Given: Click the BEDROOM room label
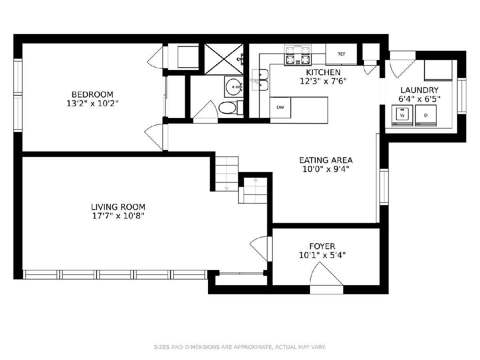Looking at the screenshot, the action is (x=92, y=94).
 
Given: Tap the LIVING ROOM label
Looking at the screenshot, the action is (x=118, y=207).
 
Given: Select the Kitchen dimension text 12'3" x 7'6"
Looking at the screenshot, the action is (x=323, y=81).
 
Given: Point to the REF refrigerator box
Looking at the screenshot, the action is (x=341, y=54).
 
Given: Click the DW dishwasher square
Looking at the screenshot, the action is (x=280, y=108).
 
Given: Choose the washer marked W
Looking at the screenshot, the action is (x=402, y=116).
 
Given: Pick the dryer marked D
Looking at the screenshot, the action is (x=426, y=116).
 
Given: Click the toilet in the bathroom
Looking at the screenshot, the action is (x=231, y=108).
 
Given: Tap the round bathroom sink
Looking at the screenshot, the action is (x=234, y=87).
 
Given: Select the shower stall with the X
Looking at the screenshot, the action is (x=224, y=59).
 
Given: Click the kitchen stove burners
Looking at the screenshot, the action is (x=298, y=54).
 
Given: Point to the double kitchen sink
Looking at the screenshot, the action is (x=260, y=80).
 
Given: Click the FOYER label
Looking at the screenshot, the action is (x=322, y=246).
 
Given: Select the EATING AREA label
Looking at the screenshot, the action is (x=326, y=160).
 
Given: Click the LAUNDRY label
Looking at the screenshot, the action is (x=420, y=90).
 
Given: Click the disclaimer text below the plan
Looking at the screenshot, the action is (x=240, y=347).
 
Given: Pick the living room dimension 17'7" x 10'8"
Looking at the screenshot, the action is (x=118, y=216).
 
